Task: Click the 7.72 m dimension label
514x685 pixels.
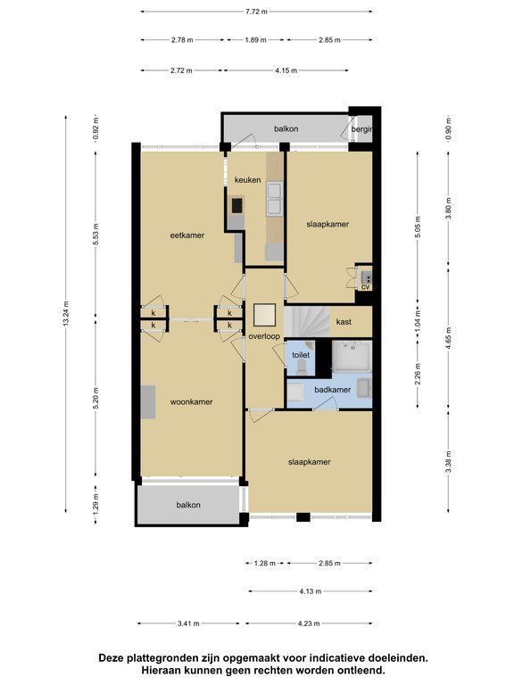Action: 256,12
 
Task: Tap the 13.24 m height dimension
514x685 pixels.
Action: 66,313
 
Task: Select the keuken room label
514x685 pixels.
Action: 247,180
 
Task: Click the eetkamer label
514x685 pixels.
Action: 187,235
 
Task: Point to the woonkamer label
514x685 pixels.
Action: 192,402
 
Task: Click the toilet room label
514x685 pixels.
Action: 301,355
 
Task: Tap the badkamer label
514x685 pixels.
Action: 333,390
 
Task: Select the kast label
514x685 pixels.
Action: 344,322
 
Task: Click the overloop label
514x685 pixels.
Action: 264,337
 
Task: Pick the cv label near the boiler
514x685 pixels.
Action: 365,287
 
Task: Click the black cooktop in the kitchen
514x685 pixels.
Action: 236,205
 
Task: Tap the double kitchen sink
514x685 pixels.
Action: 275,199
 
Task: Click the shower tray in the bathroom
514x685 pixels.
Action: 352,357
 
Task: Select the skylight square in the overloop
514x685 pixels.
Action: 264,315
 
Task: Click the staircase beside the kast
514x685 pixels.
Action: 307,321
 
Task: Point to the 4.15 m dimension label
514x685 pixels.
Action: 286,70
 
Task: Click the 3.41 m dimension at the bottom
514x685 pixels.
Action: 188,623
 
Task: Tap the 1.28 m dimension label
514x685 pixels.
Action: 265,563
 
